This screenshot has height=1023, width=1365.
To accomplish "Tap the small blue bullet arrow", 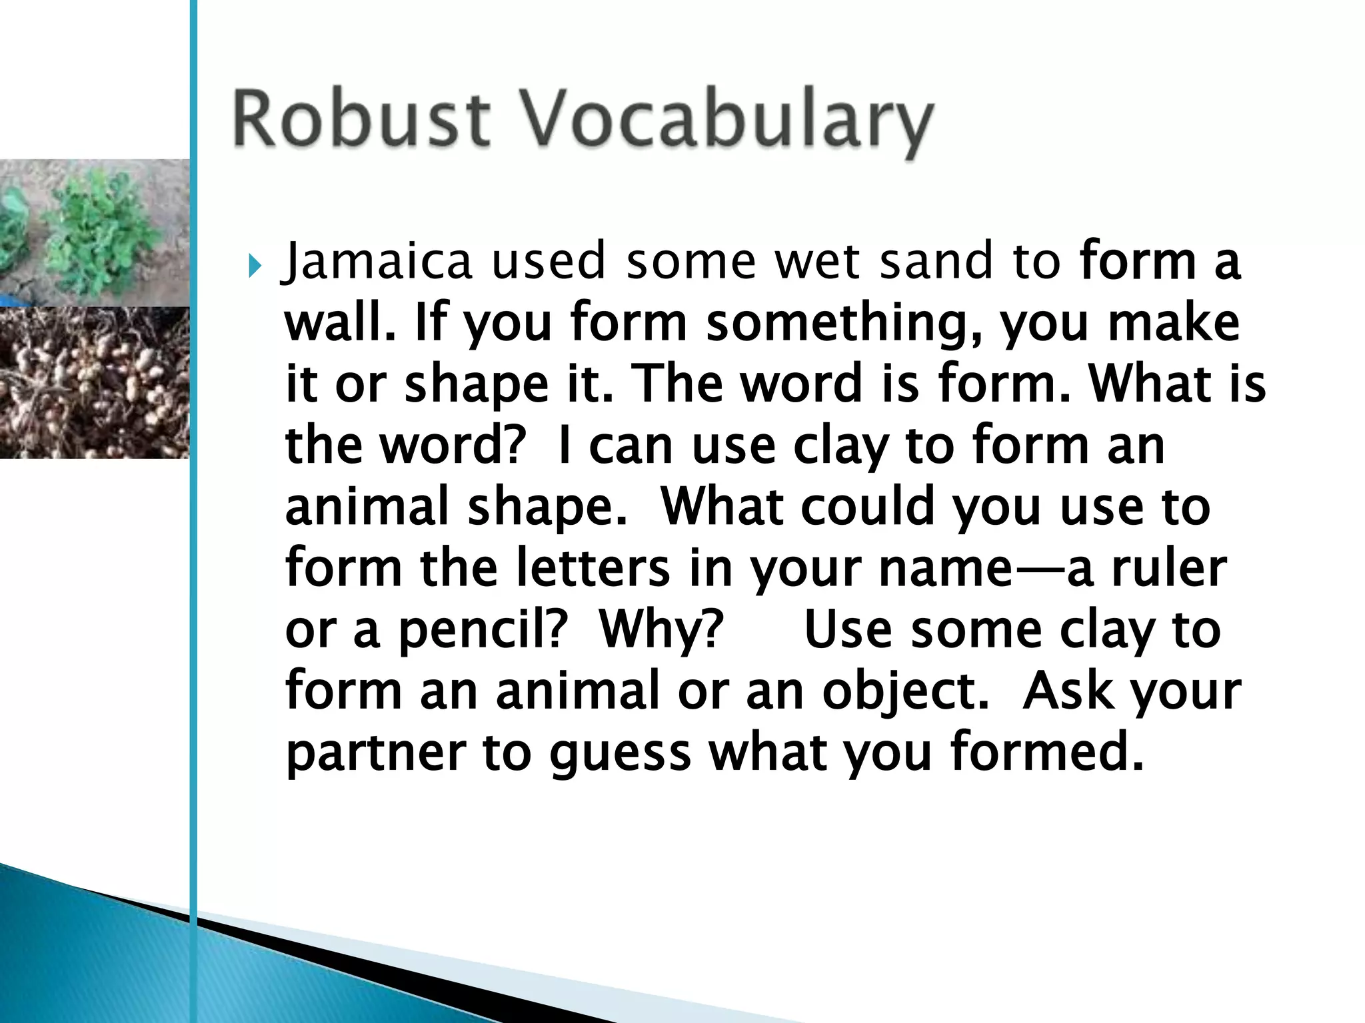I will pos(255,267).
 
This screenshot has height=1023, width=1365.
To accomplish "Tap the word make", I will pos(1172,322).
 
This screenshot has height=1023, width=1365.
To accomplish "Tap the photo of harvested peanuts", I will pos(94,382).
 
